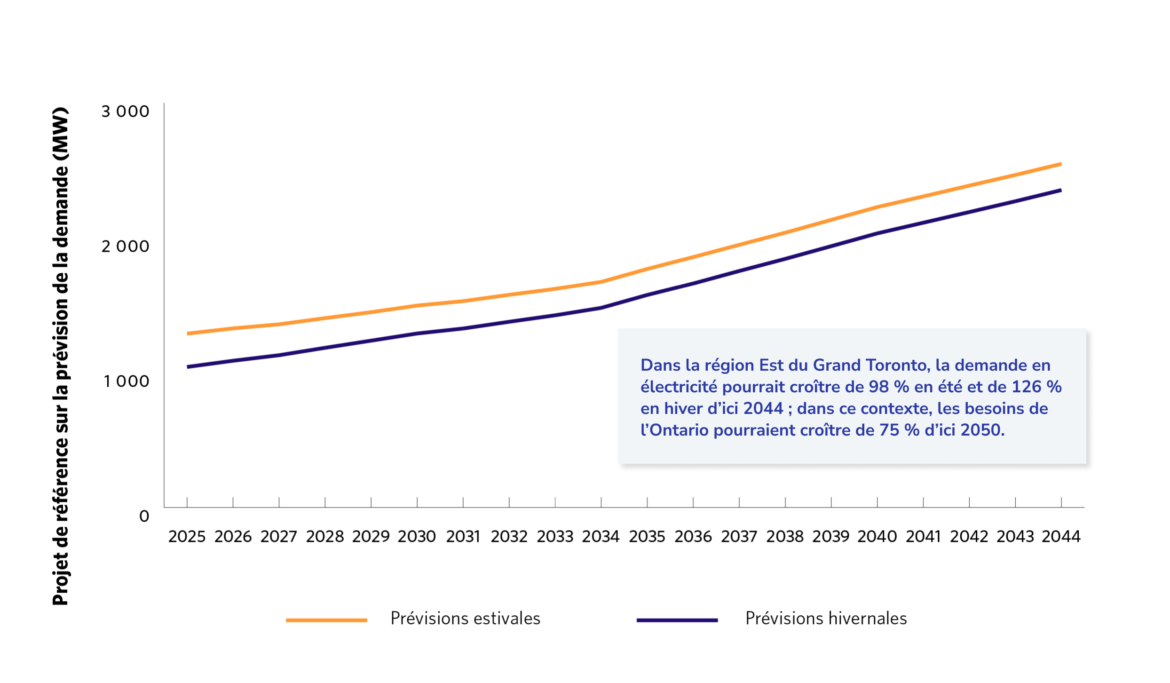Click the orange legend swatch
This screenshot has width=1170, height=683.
tap(326, 620)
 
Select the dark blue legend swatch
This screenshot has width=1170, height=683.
tap(677, 620)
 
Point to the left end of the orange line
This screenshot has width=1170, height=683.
tap(188, 334)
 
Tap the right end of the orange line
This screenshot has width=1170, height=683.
tap(1060, 164)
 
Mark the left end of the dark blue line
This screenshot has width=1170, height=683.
tap(188, 367)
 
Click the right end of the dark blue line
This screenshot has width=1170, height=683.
tap(1060, 190)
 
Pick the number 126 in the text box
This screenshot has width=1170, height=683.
tap(1026, 387)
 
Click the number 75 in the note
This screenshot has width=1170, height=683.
tap(889, 430)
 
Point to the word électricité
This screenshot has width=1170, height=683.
tap(679, 387)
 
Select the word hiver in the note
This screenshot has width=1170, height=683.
tap(683, 409)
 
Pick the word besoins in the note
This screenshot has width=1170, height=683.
tap(994, 409)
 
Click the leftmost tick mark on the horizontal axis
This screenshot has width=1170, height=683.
tap(187, 502)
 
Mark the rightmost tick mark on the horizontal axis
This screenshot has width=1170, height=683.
tap(1061, 502)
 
